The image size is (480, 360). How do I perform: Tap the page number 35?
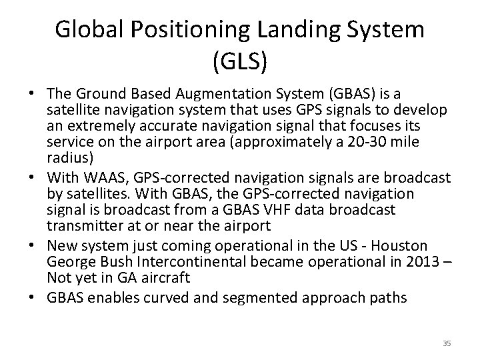pyautogui.click(x=447, y=343)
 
